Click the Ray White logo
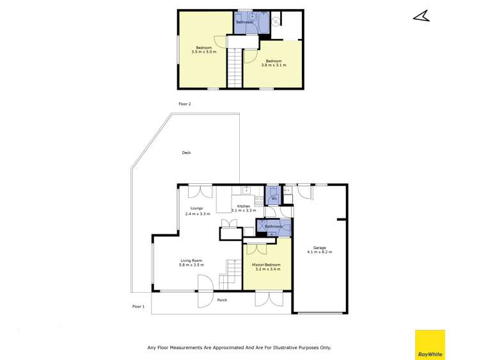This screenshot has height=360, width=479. [430, 345]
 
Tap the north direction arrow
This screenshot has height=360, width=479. [421, 17]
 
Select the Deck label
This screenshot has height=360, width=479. [186, 152]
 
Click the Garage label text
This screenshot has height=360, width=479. [319, 247]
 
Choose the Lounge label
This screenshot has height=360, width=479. [196, 209]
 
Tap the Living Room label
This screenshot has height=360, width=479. [191, 260]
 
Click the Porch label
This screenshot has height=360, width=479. [222, 300]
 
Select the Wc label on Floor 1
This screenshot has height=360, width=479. [273, 199]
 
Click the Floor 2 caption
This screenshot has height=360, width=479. [185, 103]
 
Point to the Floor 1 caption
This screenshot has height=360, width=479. [138, 307]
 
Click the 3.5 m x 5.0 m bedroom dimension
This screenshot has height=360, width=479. [204, 52]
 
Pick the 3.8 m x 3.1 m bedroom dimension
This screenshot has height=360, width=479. [274, 65]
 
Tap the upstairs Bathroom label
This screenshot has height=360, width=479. [244, 22]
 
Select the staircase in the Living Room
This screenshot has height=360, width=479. [228, 276]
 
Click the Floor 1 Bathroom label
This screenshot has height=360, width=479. [274, 226]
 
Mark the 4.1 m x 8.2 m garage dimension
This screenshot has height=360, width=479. [319, 252]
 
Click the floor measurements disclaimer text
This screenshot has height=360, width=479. [239, 347]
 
